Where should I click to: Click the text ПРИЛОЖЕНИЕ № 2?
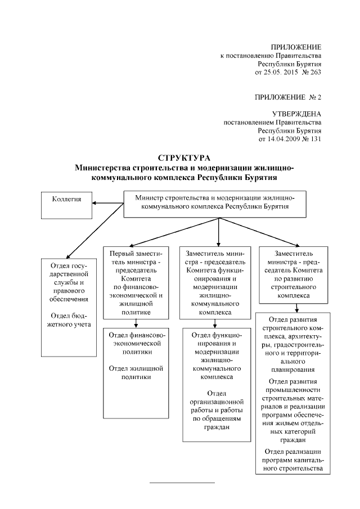coord(288,97)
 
